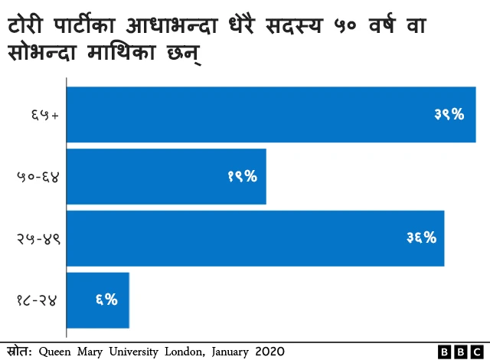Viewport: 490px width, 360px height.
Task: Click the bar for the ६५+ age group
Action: pos(272,115)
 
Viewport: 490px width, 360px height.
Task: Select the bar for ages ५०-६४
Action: pos(167,177)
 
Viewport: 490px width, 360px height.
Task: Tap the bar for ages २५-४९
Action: pos(256,238)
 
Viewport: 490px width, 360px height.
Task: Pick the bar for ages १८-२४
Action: pos(99,299)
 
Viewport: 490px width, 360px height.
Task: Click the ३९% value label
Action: pos(449,115)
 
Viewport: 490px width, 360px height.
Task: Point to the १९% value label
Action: pos(242,177)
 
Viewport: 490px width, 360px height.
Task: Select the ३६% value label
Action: pos(421,238)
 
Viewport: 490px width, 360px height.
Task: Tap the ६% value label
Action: pos(106,299)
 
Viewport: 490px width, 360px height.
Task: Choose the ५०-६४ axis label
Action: pos(38,177)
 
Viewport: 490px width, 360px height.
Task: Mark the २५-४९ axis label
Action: pos(38,238)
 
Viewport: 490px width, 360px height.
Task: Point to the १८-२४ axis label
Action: pos(38,299)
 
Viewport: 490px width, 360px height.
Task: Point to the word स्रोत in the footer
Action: pos(18,351)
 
